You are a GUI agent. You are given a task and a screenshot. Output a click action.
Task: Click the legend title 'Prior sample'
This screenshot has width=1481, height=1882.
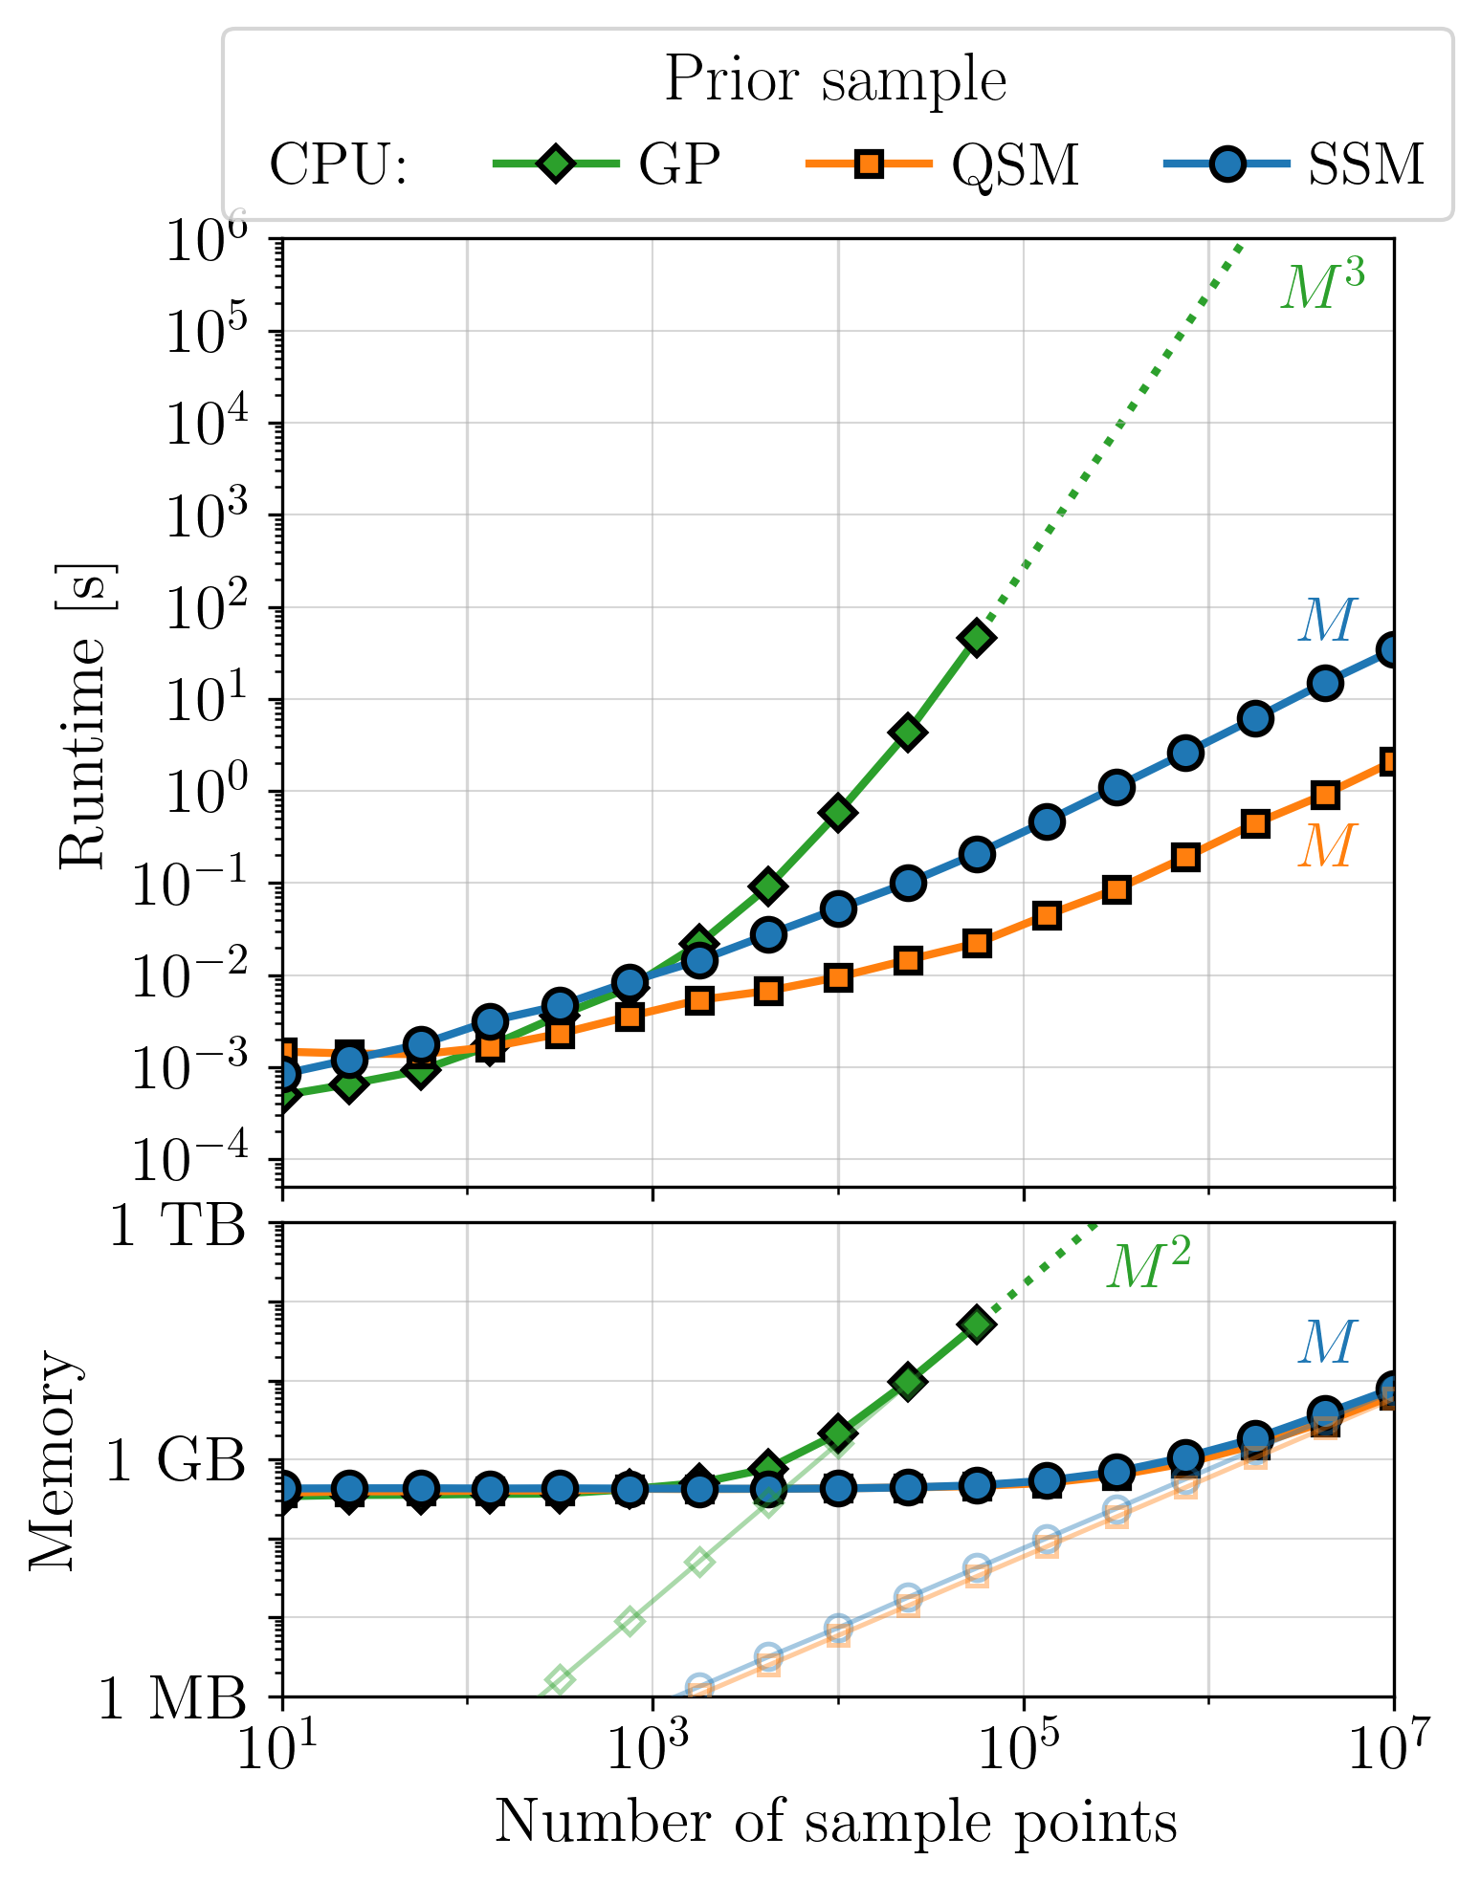835,79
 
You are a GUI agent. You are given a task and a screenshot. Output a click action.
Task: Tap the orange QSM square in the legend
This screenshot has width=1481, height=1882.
869,164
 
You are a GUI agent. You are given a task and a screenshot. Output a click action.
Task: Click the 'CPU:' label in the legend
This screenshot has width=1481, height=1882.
340,165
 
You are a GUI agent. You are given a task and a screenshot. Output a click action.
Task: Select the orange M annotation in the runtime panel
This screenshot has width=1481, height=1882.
1327,845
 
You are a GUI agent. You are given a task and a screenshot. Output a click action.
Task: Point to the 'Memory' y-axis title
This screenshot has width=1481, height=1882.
53,1459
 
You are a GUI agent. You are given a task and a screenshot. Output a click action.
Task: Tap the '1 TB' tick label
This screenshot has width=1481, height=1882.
179,1225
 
